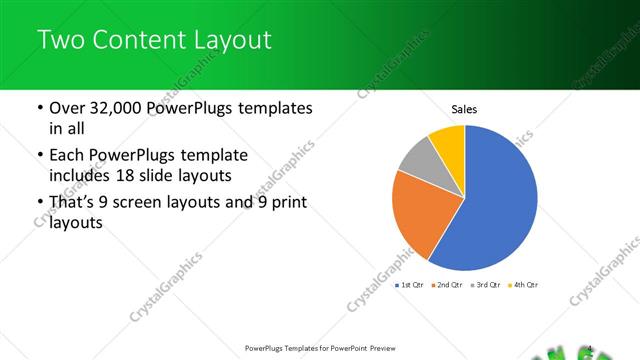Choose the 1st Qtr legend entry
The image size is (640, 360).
tap(411, 285)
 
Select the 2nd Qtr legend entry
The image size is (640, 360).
tap(448, 285)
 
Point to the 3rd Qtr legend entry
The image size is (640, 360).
tap(485, 285)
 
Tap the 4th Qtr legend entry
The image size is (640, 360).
tap(523, 285)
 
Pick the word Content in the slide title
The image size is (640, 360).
tap(135, 41)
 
